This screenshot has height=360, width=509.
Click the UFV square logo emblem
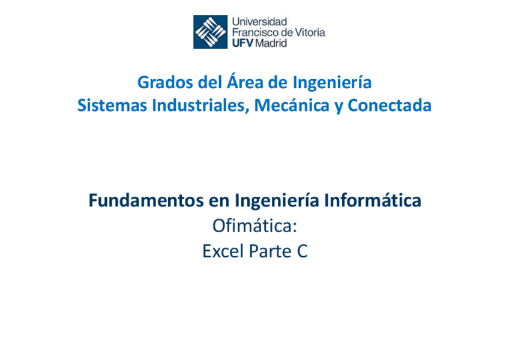coord(210,32)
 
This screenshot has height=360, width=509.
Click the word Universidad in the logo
coord(259,22)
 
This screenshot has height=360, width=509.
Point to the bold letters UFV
coord(242,43)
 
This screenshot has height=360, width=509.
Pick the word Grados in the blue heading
coord(166,82)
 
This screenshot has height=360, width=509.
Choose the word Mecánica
coord(292,105)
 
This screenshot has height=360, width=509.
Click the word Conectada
coord(390,105)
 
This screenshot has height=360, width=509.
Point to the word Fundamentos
coord(146,200)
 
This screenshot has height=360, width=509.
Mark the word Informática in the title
coord(373,200)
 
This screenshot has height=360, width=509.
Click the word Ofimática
coord(255,226)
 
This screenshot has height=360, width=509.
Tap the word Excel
coord(223,251)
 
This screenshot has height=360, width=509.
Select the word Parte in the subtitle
coord(270,251)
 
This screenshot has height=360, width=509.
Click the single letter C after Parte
coord(303,251)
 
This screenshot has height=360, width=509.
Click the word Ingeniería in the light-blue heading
coord(332,83)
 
